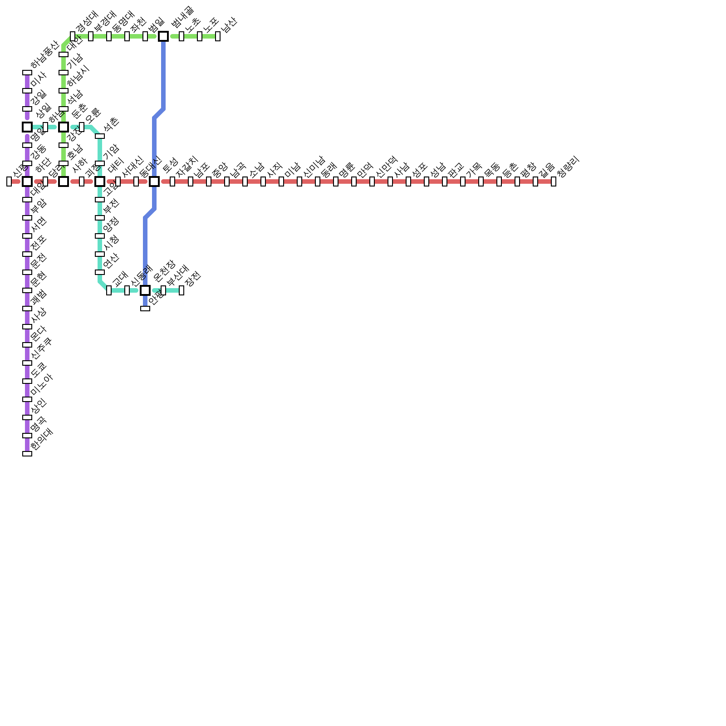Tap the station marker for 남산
(x=218, y=36)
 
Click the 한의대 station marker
(x=27, y=454)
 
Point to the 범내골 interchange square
(x=163, y=36)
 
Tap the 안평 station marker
(x=145, y=309)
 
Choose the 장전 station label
(x=193, y=278)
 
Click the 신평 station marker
(x=9, y=181)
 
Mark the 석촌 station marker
(x=100, y=136)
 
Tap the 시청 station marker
(x=100, y=254)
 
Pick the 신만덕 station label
(x=386, y=167)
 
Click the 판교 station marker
(x=445, y=181)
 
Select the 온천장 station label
(x=164, y=271)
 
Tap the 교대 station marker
(x=109, y=290)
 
